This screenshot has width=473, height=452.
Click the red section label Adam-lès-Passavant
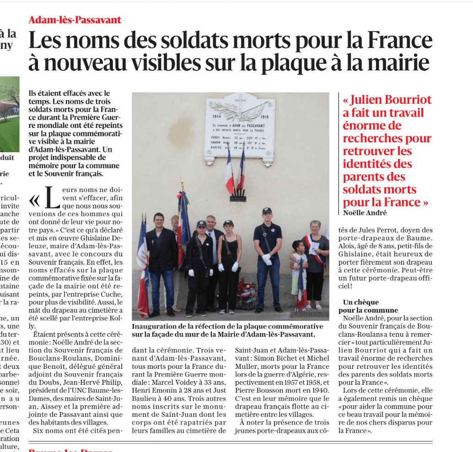pos(75,20)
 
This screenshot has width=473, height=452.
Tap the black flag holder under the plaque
pos(237,198)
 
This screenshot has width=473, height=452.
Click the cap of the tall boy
pos(267,211)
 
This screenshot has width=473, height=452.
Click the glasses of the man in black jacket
pos(159,220)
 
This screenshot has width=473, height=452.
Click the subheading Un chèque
pos(361,302)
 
